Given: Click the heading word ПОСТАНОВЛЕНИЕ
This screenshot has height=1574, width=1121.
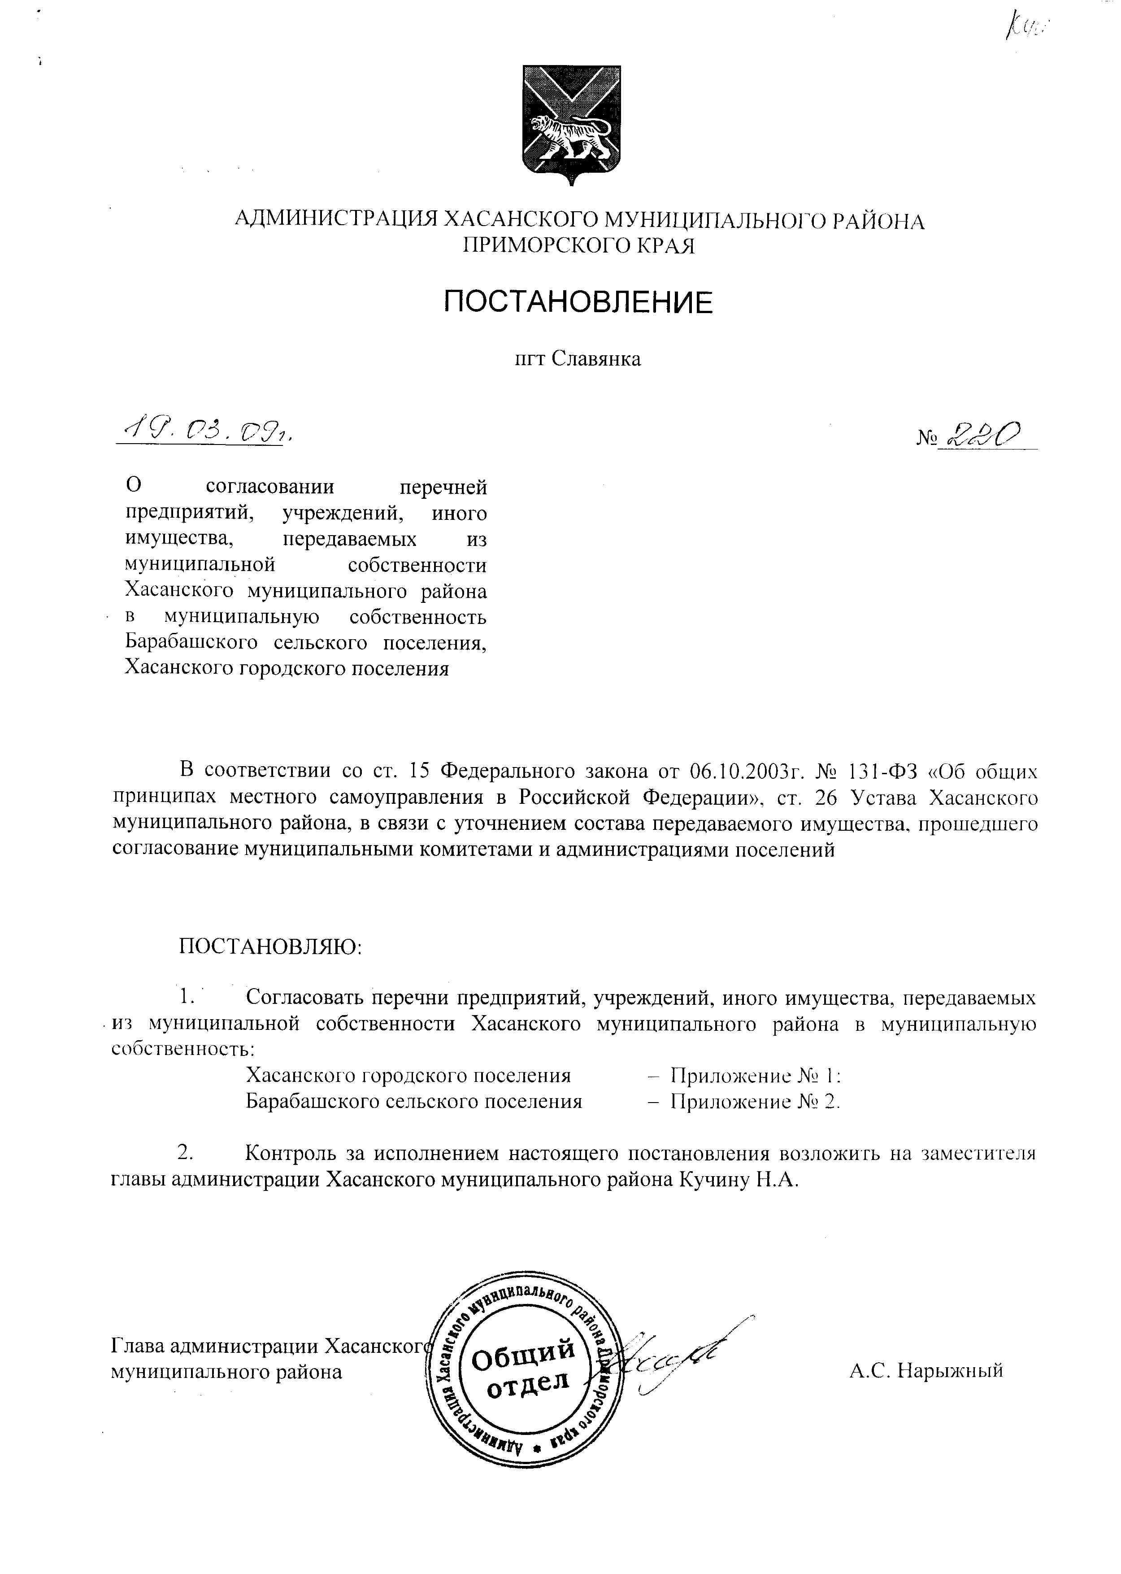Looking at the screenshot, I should (578, 302).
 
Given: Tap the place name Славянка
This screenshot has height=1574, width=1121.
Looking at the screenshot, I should (597, 359).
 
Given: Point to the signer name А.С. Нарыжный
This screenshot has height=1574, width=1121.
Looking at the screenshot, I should (925, 1370).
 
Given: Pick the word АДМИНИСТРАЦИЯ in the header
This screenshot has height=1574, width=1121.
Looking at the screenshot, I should (336, 220).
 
